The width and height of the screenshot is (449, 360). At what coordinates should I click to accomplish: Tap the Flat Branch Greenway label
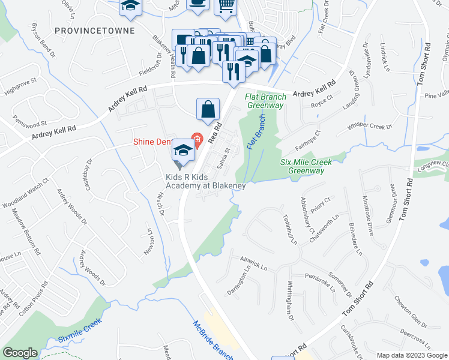tap(264, 101)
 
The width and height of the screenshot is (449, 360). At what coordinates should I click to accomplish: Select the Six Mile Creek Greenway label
tap(306, 166)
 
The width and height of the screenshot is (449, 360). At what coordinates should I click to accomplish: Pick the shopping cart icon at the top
tap(226, 6)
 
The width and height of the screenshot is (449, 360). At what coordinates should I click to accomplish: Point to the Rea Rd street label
tap(215, 133)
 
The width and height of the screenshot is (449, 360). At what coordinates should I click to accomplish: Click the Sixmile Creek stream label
tap(80, 330)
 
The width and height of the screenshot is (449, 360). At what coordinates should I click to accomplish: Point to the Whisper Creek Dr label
tap(369, 128)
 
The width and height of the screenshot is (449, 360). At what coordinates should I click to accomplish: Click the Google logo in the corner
tap(20, 352)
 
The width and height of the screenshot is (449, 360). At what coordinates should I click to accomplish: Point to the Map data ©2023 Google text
tap(411, 355)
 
